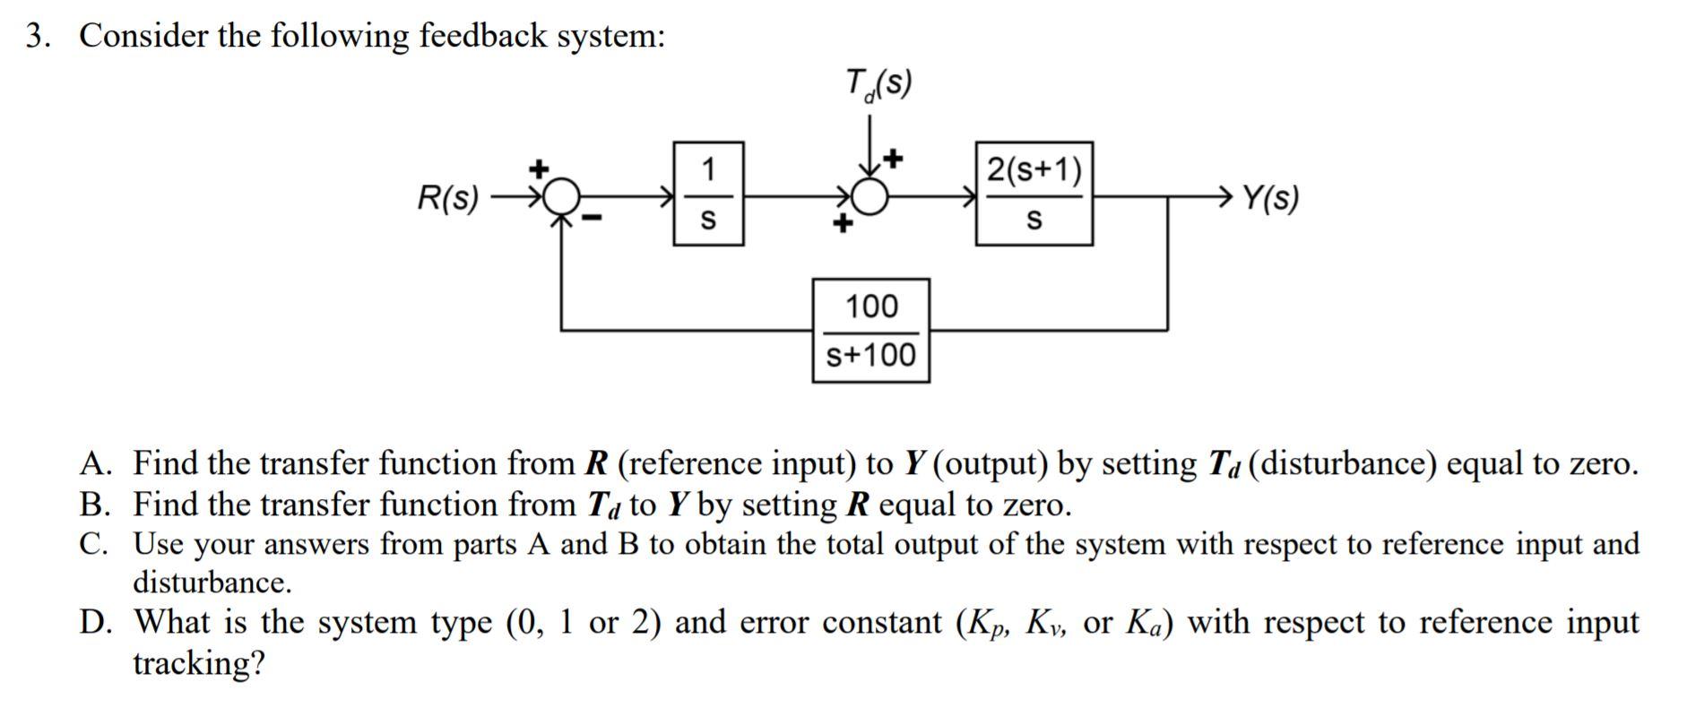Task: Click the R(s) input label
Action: pyautogui.click(x=448, y=197)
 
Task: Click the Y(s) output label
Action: pyautogui.click(x=1270, y=197)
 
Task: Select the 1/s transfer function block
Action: pyautogui.click(x=708, y=194)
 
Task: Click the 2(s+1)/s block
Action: pyautogui.click(x=1034, y=194)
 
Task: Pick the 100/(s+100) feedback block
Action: pyautogui.click(x=870, y=331)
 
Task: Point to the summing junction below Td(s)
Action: pyautogui.click(x=869, y=194)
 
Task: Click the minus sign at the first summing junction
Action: pyautogui.click(x=593, y=218)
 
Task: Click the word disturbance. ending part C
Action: pyautogui.click(x=212, y=583)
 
